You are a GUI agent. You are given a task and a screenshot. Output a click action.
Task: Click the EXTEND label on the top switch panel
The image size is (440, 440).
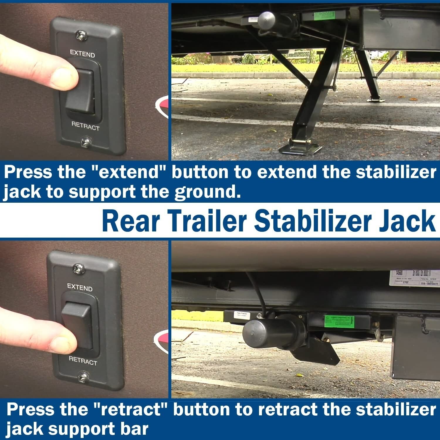(x=82, y=54)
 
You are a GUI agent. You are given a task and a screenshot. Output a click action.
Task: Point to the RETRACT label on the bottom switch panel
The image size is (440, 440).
(x=83, y=361)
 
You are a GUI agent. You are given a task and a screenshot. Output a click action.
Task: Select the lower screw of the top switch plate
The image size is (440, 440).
(x=86, y=142)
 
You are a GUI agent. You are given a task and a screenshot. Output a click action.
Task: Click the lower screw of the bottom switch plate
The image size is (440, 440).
(x=83, y=376)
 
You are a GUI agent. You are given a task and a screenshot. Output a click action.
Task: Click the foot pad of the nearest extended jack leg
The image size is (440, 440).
(x=299, y=148)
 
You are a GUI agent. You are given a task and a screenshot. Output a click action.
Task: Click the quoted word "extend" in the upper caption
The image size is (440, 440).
(x=129, y=172)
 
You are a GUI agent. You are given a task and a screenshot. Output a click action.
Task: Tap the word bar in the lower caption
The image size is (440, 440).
(x=135, y=429)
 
